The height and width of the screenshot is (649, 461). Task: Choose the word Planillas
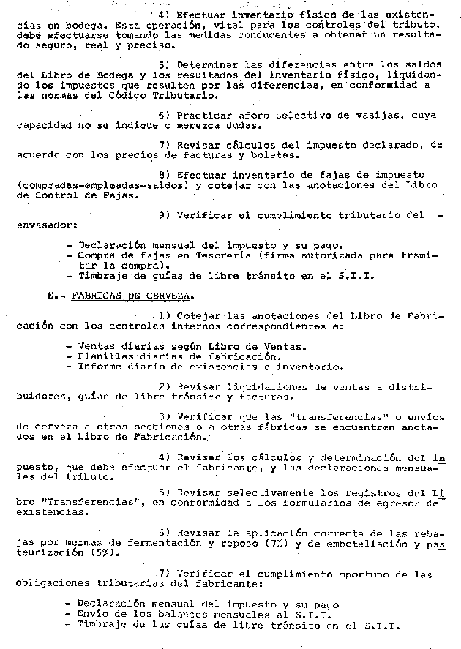pos(103,356)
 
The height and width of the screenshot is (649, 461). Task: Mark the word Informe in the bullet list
pos(98,367)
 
